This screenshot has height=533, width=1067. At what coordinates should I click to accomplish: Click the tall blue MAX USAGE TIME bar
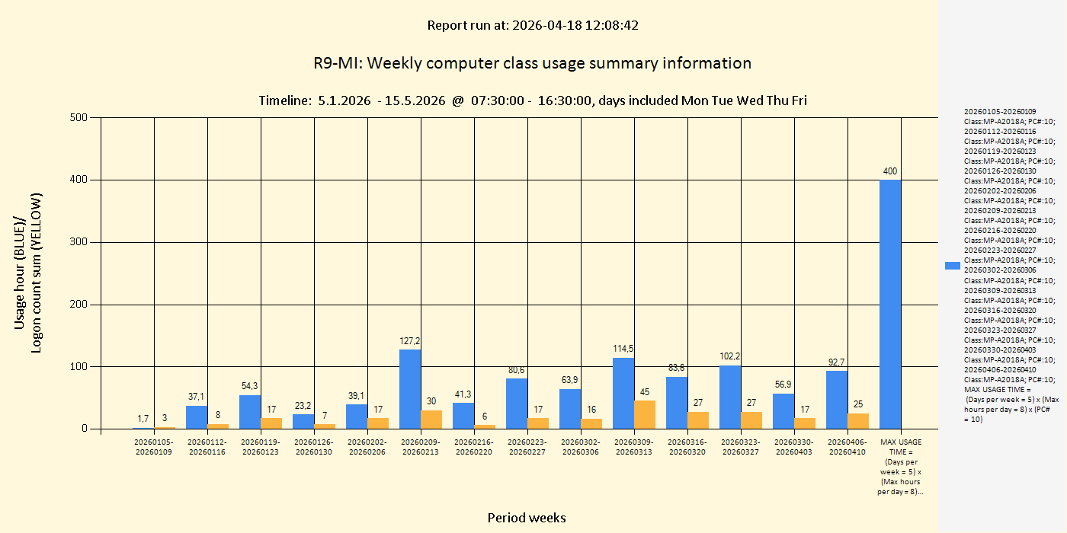[x=889, y=305]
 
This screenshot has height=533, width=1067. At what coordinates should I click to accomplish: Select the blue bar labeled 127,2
[x=410, y=389]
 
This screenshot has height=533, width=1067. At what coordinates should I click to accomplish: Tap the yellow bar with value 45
[x=645, y=415]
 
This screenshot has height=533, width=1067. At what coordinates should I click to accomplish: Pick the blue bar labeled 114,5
[x=623, y=393]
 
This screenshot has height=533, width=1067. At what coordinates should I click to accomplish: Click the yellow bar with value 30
[x=431, y=420]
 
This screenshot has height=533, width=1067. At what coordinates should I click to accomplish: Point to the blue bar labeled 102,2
[x=730, y=397]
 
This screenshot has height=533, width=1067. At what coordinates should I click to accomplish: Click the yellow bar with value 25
[x=858, y=421]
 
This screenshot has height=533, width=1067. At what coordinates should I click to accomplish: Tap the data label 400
[x=889, y=171]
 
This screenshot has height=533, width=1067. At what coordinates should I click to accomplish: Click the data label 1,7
[x=143, y=419]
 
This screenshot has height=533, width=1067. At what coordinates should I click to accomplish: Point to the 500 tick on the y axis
[x=79, y=117]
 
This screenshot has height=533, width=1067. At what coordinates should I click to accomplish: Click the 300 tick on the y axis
[x=79, y=242]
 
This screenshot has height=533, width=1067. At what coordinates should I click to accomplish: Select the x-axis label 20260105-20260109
[x=154, y=447]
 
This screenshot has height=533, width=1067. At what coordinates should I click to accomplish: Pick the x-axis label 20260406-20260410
[x=848, y=447]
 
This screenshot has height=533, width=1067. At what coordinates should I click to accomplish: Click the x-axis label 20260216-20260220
[x=474, y=447]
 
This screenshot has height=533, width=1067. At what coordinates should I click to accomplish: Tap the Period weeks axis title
[x=527, y=518]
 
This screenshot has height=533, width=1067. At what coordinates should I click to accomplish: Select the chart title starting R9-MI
[x=532, y=63]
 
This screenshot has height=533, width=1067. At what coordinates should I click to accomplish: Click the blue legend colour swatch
[x=952, y=265]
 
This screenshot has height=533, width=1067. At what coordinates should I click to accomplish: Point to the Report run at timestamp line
[x=532, y=25]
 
